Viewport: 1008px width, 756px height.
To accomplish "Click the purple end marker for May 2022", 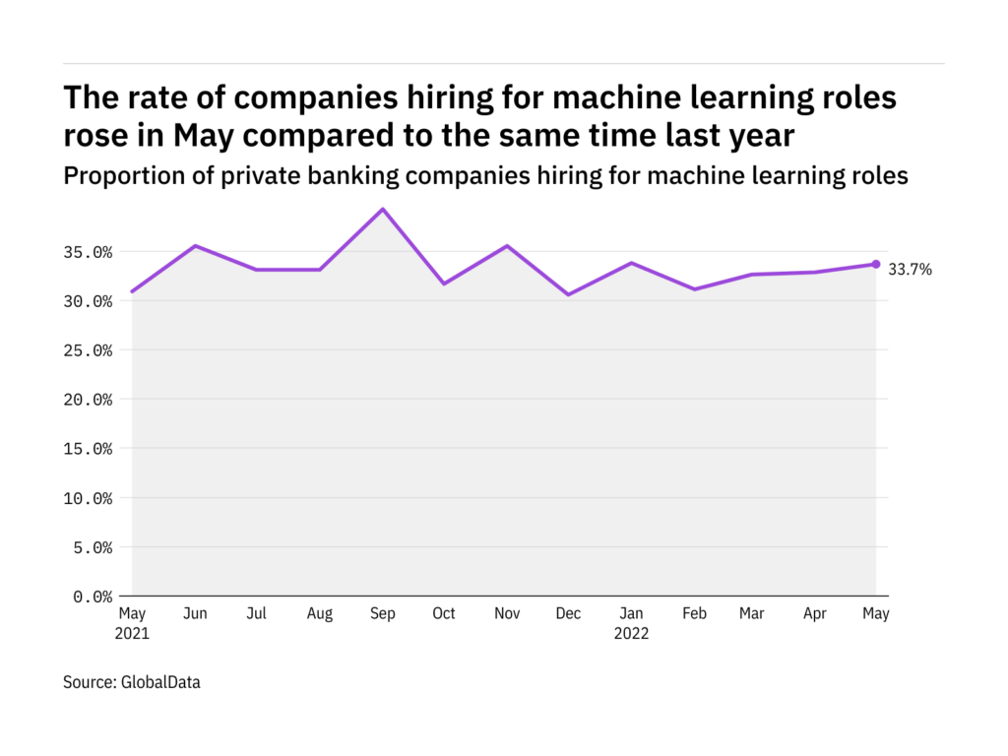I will [x=876, y=264].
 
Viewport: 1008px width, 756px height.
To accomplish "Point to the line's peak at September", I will [x=382, y=209].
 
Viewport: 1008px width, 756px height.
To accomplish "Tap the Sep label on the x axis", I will [x=382, y=613].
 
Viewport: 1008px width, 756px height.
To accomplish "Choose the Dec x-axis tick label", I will [x=568, y=613].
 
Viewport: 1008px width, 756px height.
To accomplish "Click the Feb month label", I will [x=694, y=613].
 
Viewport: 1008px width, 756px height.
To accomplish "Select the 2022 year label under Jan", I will [x=631, y=634].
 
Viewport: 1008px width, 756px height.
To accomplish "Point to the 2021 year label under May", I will [x=132, y=634].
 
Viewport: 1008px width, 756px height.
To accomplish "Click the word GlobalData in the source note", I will [x=160, y=681].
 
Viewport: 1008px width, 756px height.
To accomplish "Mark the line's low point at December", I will [x=568, y=294].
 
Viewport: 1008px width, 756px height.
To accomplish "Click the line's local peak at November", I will [x=507, y=246].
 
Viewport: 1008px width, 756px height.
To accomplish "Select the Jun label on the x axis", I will [x=195, y=613].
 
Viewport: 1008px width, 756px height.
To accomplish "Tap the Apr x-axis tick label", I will [x=815, y=613].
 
